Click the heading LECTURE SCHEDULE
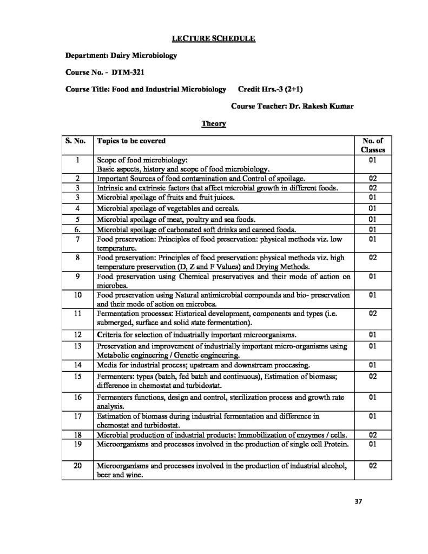pos(213,39)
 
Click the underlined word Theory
pos(210,124)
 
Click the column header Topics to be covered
pos(131,140)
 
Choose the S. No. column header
pos(76,140)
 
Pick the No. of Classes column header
pos(372,144)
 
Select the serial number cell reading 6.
pos(77,229)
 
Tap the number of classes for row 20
pos(372,465)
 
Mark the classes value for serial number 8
pos(372,258)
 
